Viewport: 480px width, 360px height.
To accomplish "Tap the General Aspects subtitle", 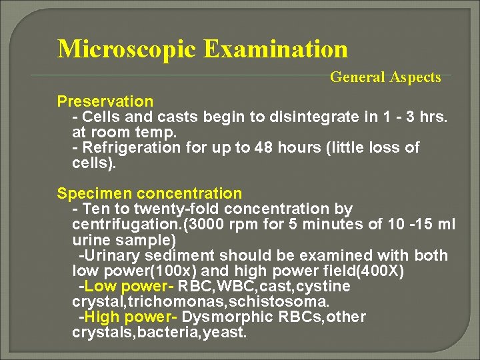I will [x=385, y=77].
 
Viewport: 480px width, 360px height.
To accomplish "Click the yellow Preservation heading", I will [x=105, y=101].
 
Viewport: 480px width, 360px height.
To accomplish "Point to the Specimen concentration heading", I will [x=149, y=194].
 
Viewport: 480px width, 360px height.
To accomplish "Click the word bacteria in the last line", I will [x=177, y=333].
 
